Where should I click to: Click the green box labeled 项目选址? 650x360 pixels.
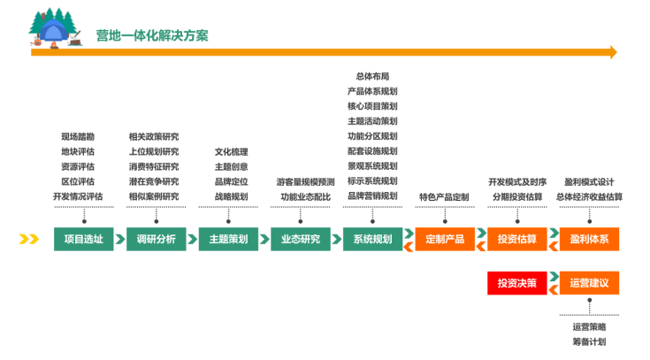click(84, 239)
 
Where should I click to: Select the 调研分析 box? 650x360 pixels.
click(157, 239)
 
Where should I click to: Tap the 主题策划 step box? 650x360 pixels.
click(229, 239)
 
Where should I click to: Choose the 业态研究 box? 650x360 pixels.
click(301, 239)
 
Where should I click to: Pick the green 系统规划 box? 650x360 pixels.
click(372, 239)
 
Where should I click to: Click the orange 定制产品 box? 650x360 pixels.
click(445, 239)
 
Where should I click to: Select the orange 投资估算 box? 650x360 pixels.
click(516, 239)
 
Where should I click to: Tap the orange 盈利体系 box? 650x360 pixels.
click(589, 239)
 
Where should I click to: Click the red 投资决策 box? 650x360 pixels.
click(516, 283)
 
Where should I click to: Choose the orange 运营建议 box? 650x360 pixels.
click(589, 283)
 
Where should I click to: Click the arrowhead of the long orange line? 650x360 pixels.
click(611, 53)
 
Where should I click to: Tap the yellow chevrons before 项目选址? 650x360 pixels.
click(30, 239)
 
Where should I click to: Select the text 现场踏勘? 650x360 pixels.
click(78, 137)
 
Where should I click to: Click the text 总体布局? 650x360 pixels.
click(372, 77)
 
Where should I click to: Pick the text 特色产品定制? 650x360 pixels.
click(444, 196)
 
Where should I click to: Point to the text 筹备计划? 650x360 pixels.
click(589, 341)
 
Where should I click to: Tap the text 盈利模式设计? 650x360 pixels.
click(589, 181)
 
